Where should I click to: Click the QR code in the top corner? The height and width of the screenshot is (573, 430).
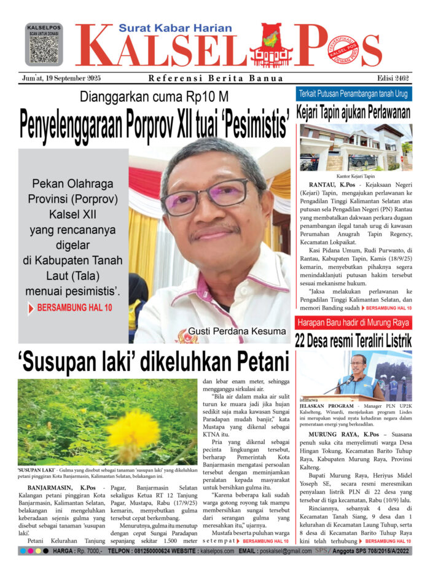(44, 49)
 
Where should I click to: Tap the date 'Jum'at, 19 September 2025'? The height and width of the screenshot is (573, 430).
(60, 78)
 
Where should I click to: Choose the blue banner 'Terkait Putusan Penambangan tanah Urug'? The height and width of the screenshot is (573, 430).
(354, 95)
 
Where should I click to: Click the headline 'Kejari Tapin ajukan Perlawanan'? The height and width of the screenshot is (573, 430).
(353, 114)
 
